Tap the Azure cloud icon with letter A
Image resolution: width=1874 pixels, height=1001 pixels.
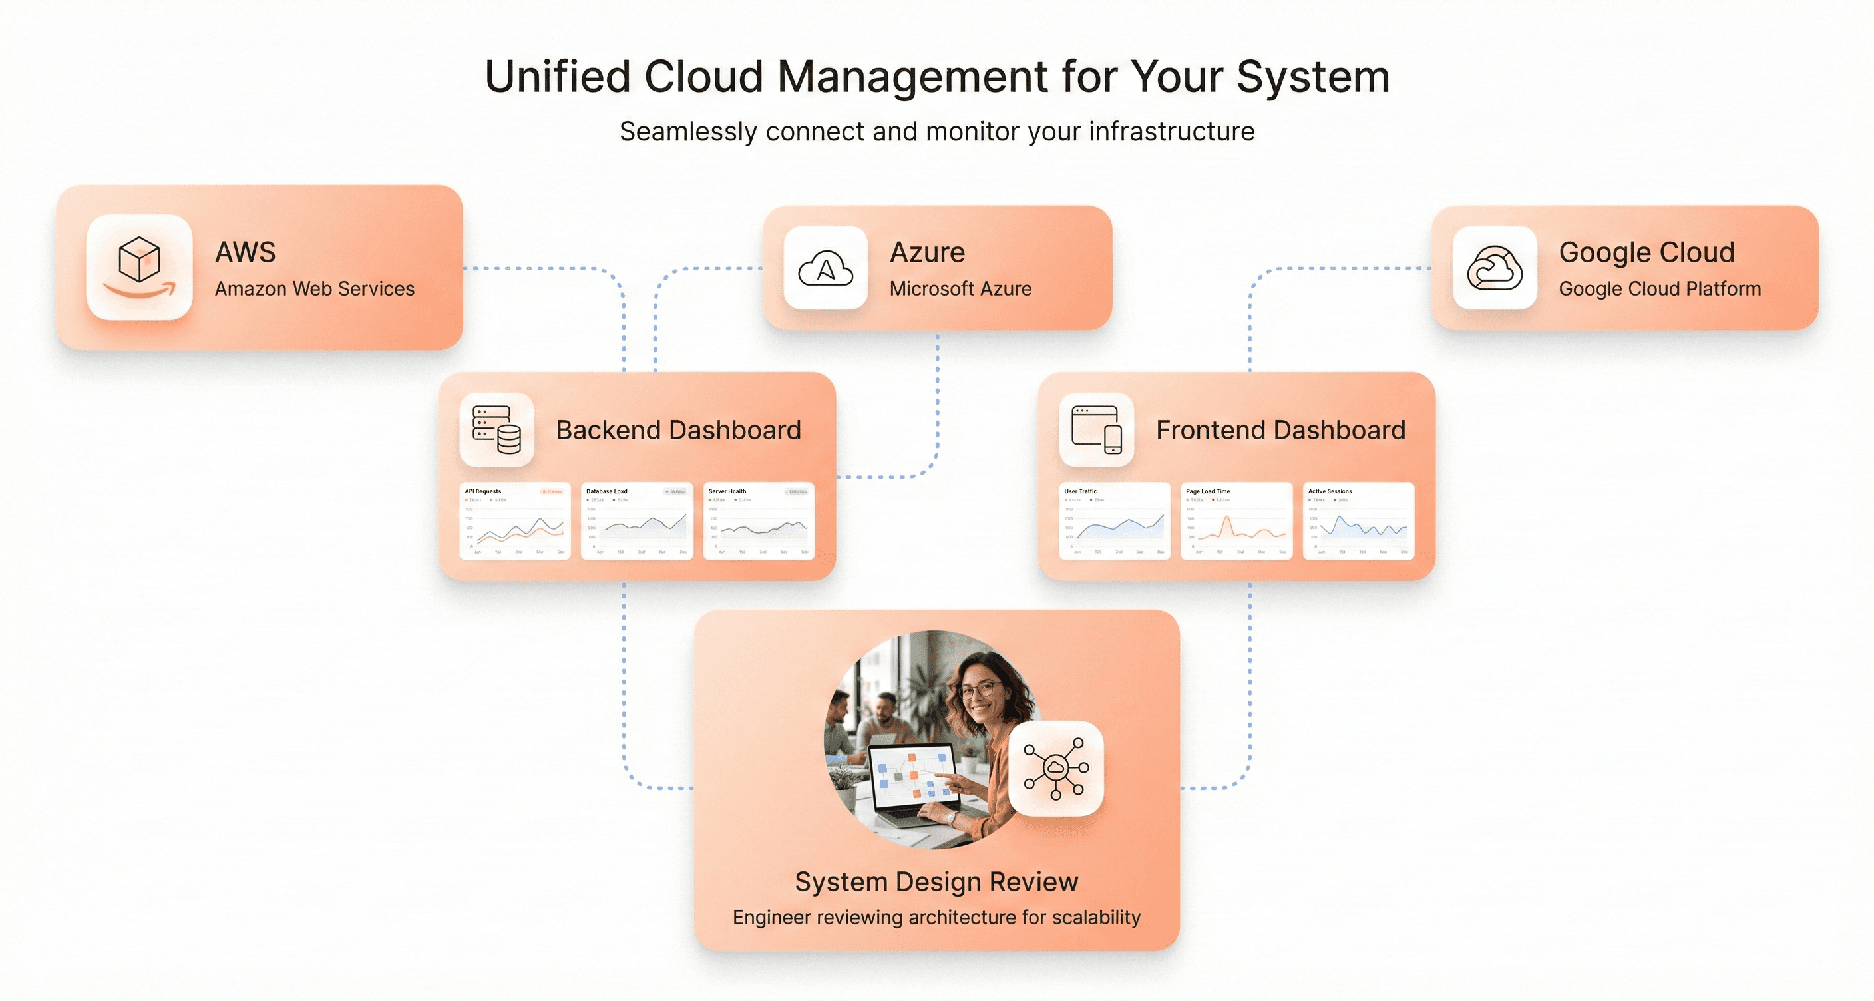pyautogui.click(x=826, y=268)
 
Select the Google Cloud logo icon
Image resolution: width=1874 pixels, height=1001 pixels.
pyautogui.click(x=1494, y=268)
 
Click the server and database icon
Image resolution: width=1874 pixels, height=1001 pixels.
pyautogui.click(x=497, y=429)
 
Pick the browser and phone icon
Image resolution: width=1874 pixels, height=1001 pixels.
pyautogui.click(x=1096, y=429)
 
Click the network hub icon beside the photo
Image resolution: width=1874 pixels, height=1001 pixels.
pyautogui.click(x=1055, y=768)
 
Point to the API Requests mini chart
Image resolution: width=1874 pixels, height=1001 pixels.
pyautogui.click(x=515, y=521)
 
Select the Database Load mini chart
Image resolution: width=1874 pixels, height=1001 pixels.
pyautogui.click(x=638, y=521)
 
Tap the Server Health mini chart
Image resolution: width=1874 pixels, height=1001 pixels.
pyautogui.click(x=759, y=521)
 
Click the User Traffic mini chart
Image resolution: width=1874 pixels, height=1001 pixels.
pyautogui.click(x=1115, y=521)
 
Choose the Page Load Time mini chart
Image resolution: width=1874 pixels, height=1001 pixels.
pyautogui.click(x=1236, y=521)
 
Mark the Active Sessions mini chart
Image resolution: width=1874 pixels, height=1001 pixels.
pyautogui.click(x=1358, y=521)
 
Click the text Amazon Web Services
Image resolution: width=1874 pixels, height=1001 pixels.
pyautogui.click(x=314, y=289)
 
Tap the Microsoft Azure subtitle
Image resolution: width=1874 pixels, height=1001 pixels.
pyautogui.click(x=960, y=289)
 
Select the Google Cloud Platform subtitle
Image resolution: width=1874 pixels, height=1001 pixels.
pyautogui.click(x=1660, y=289)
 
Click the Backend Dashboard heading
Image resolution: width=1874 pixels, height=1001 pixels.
pyautogui.click(x=678, y=430)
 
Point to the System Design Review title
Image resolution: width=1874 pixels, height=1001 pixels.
pyautogui.click(x=936, y=882)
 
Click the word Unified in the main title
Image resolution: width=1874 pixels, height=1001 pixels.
pyautogui.click(x=557, y=77)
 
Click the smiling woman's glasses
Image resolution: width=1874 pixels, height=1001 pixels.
pyautogui.click(x=979, y=689)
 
